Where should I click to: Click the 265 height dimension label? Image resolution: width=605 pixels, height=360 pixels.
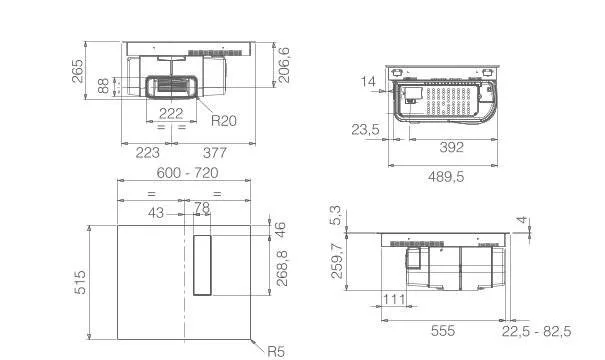[x=78, y=71]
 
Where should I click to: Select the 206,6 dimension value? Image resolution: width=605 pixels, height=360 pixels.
[x=284, y=65]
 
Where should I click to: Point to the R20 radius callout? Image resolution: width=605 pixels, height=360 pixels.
[x=224, y=121]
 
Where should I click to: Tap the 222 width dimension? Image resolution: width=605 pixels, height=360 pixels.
[x=171, y=113]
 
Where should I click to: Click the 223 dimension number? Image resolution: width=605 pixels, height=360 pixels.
[x=147, y=153]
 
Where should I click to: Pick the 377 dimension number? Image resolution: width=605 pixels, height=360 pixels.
[x=215, y=153]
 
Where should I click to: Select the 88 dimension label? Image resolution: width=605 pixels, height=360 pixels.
[x=103, y=86]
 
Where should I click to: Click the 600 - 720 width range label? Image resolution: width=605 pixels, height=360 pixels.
[x=188, y=173]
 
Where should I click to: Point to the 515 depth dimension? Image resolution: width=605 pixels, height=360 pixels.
[x=80, y=282]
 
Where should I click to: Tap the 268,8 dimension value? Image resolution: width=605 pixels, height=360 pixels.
[x=282, y=268]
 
